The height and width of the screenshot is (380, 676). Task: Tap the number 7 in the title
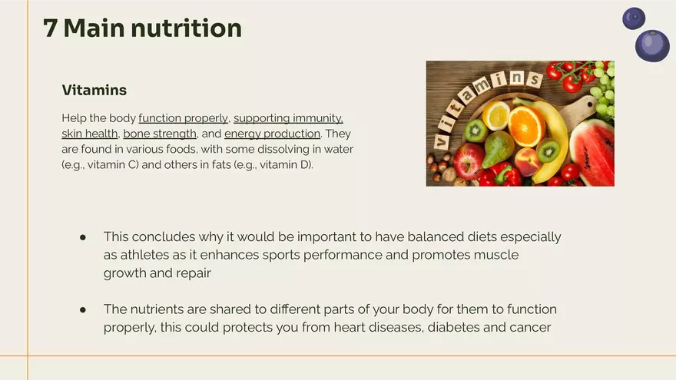tap(51, 28)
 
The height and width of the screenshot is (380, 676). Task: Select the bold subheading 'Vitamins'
tap(94, 91)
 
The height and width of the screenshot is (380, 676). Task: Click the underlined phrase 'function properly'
tap(183, 118)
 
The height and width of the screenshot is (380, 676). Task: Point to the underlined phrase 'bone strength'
tap(160, 134)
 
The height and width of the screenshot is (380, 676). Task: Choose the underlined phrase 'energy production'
tap(272, 134)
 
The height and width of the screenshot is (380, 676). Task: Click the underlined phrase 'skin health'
tap(89, 134)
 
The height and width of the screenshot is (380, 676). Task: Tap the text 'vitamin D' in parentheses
tap(285, 164)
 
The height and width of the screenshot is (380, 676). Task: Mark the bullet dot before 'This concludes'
tap(83, 237)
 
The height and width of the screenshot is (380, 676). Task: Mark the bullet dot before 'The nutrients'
tap(83, 309)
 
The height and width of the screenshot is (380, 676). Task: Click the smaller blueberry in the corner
tap(634, 18)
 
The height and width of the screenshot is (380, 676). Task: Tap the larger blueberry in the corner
tap(652, 45)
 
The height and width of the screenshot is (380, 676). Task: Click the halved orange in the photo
tap(527, 126)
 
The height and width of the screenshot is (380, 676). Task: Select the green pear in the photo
tap(500, 149)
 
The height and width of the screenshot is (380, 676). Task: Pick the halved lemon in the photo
tap(496, 115)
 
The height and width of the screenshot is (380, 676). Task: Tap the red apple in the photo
tap(469, 160)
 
